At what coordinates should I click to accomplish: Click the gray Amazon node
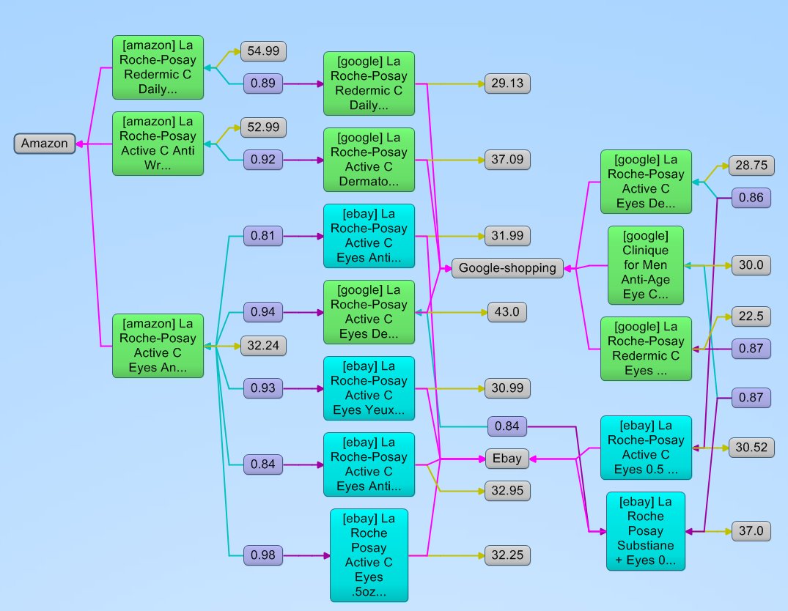pos(45,144)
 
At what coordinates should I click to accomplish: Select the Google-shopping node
pos(507,268)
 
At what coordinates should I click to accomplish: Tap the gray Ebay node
pos(507,459)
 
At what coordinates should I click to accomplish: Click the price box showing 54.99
pos(263,51)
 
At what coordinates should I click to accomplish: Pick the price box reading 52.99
pos(263,127)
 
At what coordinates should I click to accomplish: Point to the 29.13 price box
pos(507,84)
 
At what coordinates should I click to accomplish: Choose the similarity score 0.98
pos(263,555)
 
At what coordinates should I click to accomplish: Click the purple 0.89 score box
pos(263,84)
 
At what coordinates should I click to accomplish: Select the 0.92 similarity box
pos(263,160)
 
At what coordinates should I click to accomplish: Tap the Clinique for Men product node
pos(645,265)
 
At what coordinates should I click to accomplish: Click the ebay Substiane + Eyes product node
pos(645,531)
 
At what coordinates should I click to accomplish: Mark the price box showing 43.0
pos(507,312)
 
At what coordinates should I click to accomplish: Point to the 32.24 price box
pos(263,346)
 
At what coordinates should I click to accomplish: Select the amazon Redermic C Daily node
pos(158,67)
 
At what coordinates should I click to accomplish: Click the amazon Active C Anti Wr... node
pos(158,144)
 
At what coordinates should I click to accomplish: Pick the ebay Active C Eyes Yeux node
pos(369,388)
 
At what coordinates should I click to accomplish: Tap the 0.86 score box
pos(751,198)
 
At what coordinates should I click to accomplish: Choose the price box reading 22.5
pos(751,316)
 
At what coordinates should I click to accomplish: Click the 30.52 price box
pos(751,447)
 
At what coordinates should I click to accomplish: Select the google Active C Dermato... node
pos(369,160)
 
